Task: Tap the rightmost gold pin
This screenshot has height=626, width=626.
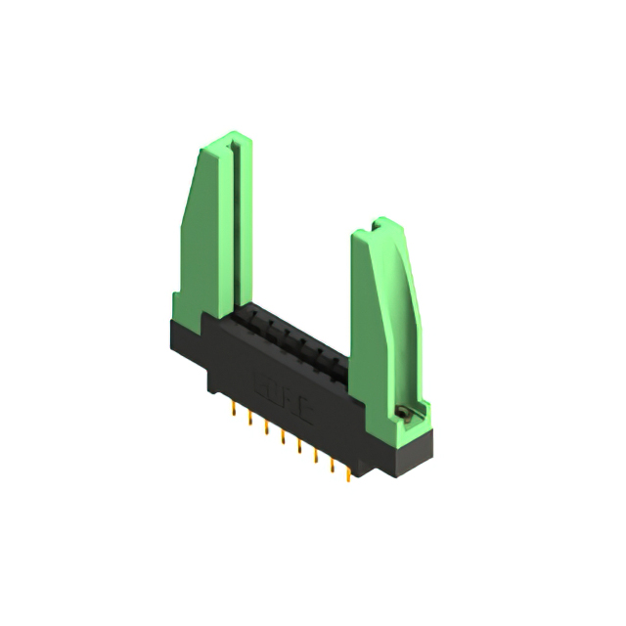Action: click(x=346, y=475)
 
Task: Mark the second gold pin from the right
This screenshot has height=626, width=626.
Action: click(x=332, y=467)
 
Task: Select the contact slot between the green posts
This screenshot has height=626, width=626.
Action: click(x=293, y=337)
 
